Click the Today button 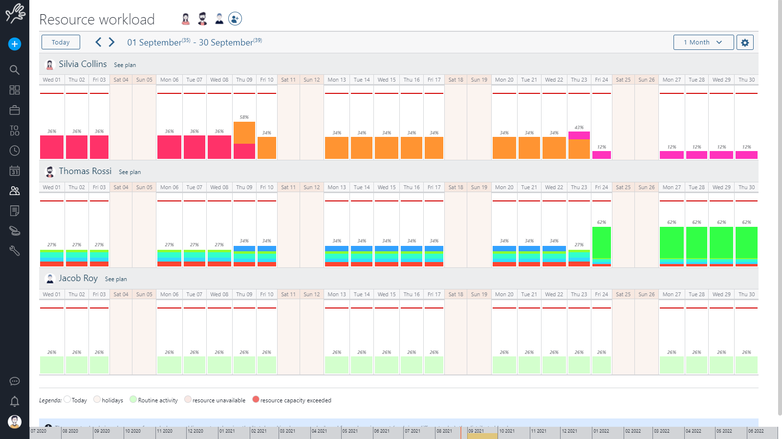61,43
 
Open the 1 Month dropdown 703,43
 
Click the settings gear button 745,43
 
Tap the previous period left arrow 98,42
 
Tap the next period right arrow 112,42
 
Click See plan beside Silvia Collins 125,65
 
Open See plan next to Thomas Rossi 130,172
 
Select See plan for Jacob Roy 116,279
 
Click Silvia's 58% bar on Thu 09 244,139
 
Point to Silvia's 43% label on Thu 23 579,128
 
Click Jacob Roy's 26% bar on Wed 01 52,365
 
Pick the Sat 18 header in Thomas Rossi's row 456,187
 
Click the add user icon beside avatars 235,19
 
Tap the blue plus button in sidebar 15,44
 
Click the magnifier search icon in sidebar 15,70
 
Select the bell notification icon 15,401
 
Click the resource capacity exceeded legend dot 256,399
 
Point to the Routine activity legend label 157,400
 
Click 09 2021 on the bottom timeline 477,431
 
